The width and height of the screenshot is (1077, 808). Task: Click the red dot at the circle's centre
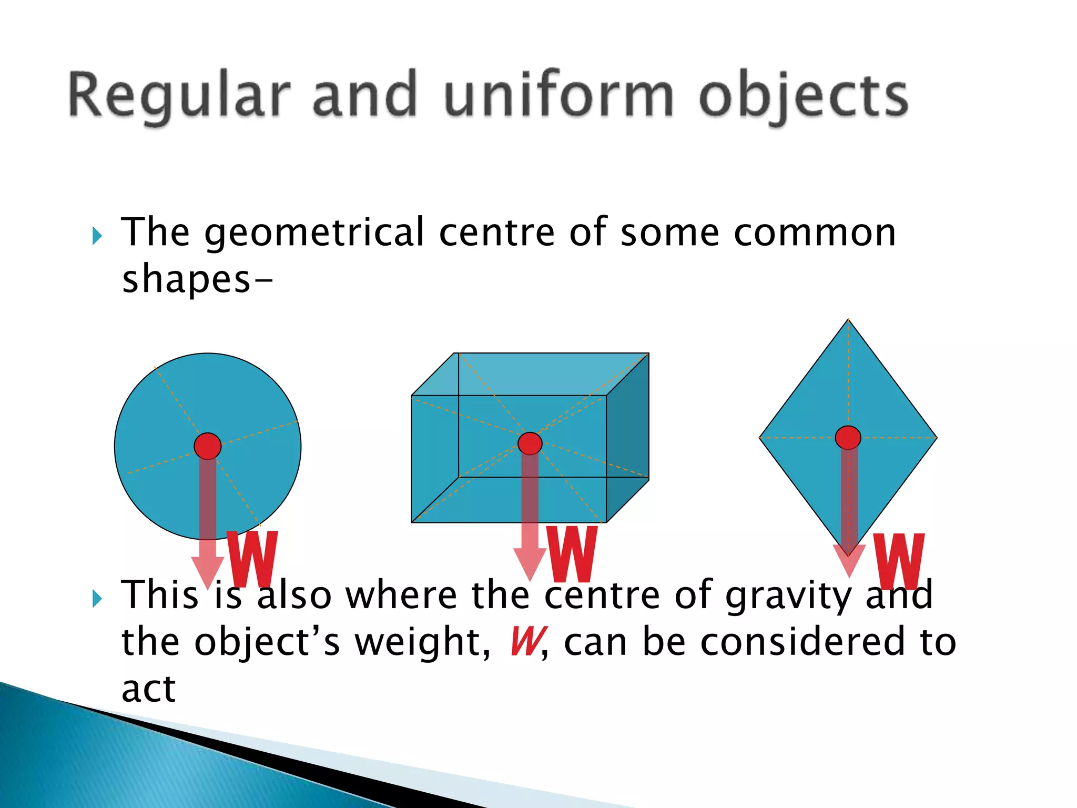click(x=208, y=446)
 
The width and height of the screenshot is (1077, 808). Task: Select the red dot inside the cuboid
click(x=530, y=443)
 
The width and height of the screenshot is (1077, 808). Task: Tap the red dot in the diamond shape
click(x=848, y=437)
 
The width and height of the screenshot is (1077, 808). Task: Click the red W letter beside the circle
click(x=252, y=559)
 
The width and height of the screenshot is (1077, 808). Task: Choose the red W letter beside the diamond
click(x=899, y=561)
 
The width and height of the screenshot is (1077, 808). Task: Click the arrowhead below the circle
click(x=208, y=571)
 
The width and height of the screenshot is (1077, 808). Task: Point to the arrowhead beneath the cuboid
click(x=530, y=563)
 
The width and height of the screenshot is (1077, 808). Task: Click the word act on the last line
click(x=148, y=689)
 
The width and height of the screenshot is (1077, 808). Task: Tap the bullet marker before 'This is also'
click(x=97, y=599)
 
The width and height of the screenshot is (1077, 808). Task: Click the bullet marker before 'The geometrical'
click(x=97, y=236)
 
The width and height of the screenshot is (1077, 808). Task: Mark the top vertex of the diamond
click(x=848, y=320)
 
